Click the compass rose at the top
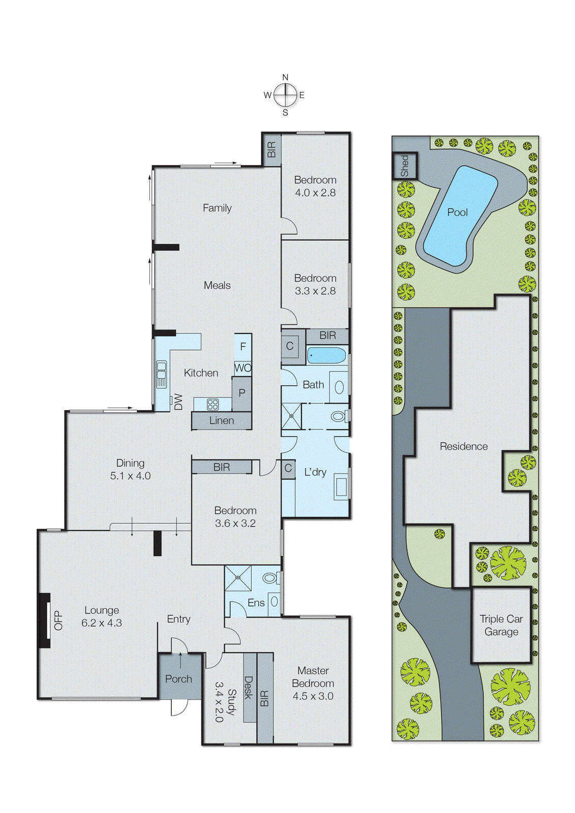(285, 95)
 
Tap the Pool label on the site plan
(457, 212)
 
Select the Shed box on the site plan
(405, 166)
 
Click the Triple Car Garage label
(501, 626)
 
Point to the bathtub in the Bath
(327, 355)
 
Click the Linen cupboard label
(221, 421)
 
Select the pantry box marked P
(242, 393)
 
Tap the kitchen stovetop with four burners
(213, 404)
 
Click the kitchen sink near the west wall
(162, 374)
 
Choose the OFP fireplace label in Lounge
(58, 620)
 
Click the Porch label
(179, 679)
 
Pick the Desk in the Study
(249, 687)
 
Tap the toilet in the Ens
(270, 578)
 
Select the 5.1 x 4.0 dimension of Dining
(131, 476)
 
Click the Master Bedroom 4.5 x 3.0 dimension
(313, 697)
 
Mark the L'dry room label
(315, 472)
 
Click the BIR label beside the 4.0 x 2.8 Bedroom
(272, 149)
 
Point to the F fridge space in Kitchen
(243, 347)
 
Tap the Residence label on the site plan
(463, 447)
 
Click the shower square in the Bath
(292, 416)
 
